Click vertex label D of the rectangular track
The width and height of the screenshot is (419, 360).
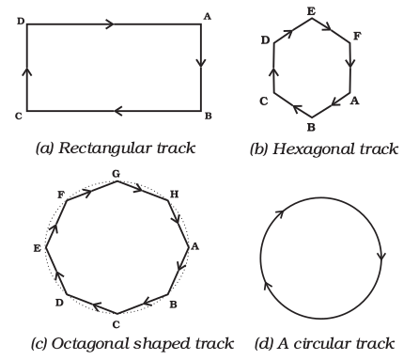point(21,20)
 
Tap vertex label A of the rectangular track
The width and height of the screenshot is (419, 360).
point(208,16)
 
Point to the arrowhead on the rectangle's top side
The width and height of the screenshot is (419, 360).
point(110,24)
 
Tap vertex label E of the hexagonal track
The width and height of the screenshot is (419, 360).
point(311,9)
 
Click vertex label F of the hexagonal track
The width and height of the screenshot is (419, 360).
point(356,36)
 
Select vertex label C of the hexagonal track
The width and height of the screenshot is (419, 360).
point(265,100)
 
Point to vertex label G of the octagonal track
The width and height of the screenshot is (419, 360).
point(116,174)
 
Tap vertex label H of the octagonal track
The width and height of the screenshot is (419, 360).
point(174,194)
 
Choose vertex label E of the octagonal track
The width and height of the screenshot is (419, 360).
point(36,248)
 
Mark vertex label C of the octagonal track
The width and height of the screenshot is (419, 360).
point(116,324)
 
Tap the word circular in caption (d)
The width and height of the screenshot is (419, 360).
point(322,345)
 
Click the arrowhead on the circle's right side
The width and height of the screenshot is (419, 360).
point(380,256)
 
